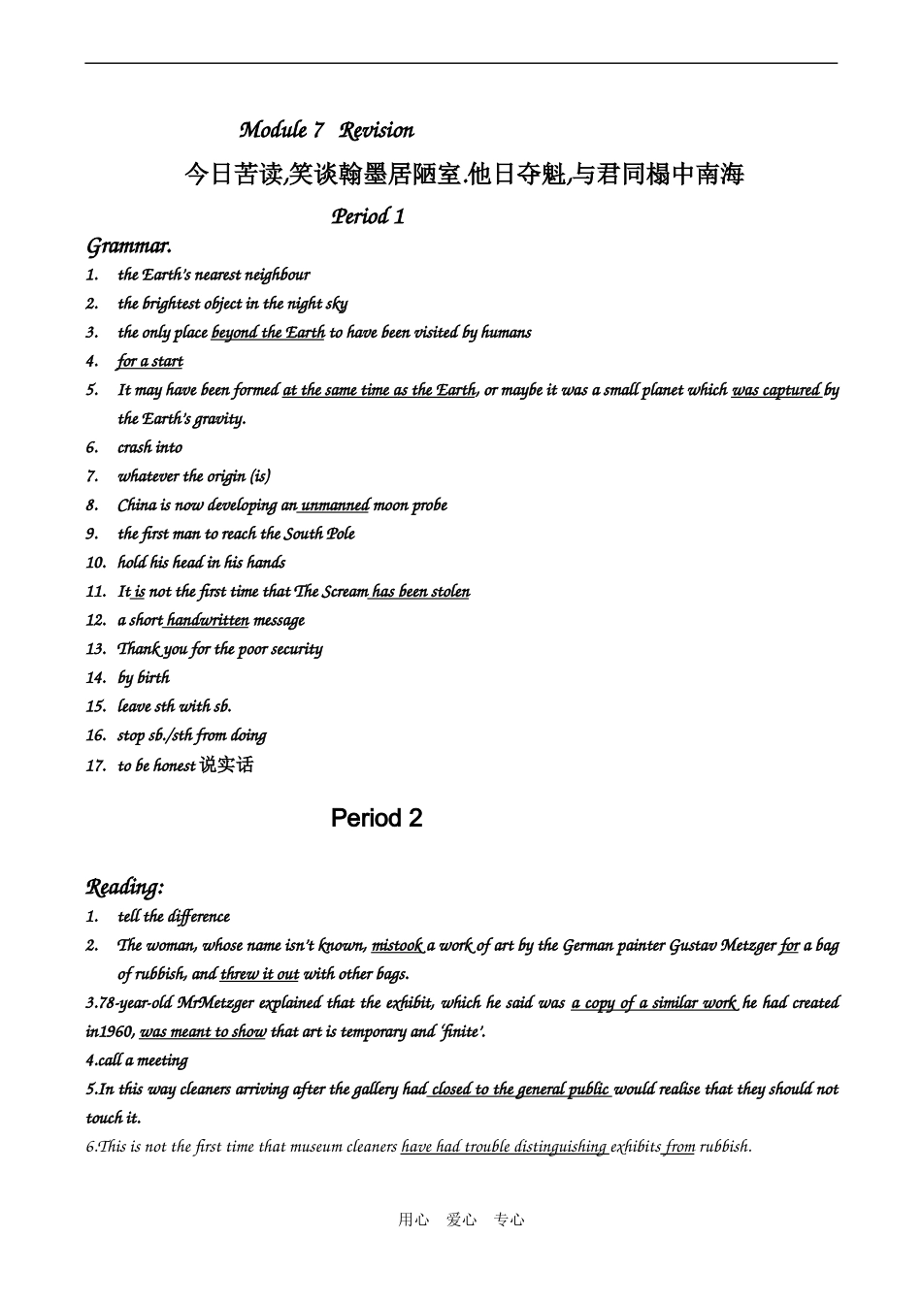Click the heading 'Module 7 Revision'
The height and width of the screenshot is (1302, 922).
326,130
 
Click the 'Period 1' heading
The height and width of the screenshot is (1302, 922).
368,216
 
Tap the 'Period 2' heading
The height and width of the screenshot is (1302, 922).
377,818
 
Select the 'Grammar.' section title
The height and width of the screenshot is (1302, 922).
129,245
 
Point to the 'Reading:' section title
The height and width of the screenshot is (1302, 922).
125,887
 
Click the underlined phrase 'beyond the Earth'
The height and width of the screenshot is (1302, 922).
268,333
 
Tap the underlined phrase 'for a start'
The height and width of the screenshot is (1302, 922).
150,362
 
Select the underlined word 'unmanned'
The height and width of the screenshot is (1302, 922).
336,505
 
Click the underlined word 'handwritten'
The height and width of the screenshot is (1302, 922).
208,620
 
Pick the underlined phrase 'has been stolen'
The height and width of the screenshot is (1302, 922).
421,592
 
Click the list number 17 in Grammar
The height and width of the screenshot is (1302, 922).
95,765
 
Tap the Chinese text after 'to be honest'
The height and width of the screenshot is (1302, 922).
226,765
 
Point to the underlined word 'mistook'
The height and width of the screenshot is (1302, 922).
398,945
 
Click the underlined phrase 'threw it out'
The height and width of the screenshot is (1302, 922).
259,974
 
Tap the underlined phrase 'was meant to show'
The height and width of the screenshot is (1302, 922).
203,1032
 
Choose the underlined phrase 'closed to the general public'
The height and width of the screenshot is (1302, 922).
520,1090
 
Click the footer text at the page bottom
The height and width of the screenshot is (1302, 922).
461,1221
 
